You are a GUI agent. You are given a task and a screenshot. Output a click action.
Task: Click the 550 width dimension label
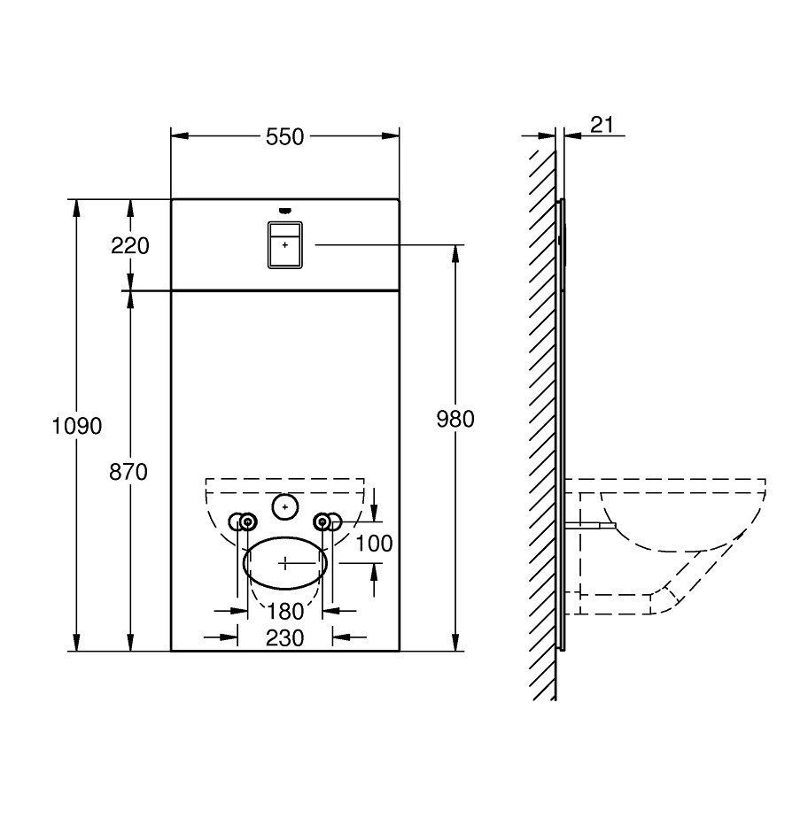(x=284, y=136)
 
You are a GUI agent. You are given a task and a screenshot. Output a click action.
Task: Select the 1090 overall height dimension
(x=77, y=426)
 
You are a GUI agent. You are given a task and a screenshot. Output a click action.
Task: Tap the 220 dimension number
(x=130, y=245)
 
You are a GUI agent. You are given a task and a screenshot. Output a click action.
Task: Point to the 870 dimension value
(x=129, y=472)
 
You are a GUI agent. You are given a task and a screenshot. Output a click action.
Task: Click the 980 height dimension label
(x=455, y=419)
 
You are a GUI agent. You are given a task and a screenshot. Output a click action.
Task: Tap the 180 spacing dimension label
(x=285, y=611)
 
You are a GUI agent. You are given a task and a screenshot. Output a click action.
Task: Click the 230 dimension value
(x=284, y=637)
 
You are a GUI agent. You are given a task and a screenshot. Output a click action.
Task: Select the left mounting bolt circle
(x=245, y=522)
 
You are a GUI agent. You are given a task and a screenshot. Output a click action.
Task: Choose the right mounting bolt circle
(x=324, y=522)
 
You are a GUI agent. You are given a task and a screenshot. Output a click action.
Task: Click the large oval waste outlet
(x=285, y=561)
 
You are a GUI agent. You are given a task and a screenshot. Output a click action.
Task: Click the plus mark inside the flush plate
(x=284, y=243)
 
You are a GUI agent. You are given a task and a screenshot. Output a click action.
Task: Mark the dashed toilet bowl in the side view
(x=673, y=531)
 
